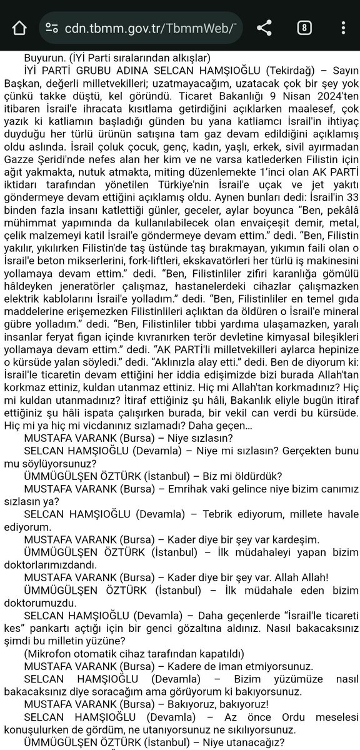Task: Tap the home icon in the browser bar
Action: point(19,27)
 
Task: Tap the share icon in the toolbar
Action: point(264,27)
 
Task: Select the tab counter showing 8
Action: point(304,27)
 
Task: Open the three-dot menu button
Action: point(342,27)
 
